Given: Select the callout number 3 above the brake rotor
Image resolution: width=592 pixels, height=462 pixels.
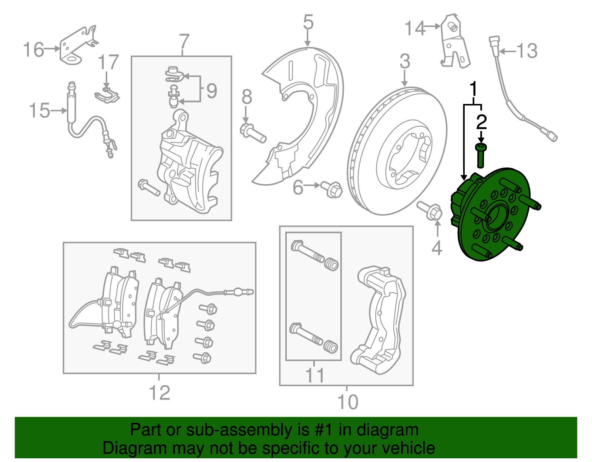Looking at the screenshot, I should pyautogui.click(x=405, y=61).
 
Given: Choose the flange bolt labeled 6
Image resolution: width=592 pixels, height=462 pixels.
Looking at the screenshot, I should pyautogui.click(x=332, y=190).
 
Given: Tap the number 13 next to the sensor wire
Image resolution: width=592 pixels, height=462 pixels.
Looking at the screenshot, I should pyautogui.click(x=527, y=51).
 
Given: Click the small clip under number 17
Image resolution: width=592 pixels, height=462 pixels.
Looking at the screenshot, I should pyautogui.click(x=107, y=95).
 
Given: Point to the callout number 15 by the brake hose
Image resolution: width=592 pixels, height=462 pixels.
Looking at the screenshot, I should pyautogui.click(x=39, y=111).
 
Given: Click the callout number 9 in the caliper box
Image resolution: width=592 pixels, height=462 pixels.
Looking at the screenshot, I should pyautogui.click(x=212, y=91).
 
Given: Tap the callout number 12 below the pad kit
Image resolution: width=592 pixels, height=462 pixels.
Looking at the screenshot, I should pyautogui.click(x=159, y=393).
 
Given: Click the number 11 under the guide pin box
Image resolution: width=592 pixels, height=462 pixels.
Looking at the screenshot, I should pyautogui.click(x=315, y=375).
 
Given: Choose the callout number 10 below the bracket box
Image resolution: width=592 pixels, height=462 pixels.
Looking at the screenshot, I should pyautogui.click(x=347, y=402).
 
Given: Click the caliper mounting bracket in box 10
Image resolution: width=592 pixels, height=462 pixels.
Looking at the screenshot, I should pyautogui.click(x=381, y=318).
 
